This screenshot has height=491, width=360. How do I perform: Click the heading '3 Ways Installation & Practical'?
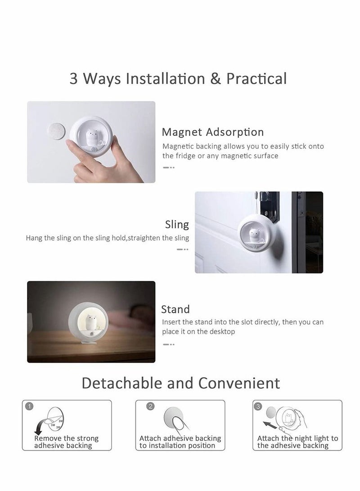(178, 79)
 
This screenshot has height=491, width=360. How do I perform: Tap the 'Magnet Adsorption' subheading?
(212, 132)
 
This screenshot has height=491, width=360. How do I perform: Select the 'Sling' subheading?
(177, 224)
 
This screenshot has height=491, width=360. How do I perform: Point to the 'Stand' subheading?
(175, 309)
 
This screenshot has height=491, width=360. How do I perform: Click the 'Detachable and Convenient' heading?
(180, 383)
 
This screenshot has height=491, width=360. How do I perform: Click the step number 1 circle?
(29, 406)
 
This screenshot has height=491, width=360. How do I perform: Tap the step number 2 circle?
(151, 406)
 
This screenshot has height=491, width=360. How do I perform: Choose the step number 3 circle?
(258, 406)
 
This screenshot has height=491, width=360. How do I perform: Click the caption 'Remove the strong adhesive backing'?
(66, 442)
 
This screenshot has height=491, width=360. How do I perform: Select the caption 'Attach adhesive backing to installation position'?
(180, 442)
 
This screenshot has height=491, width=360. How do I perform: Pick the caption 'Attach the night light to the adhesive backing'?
(297, 442)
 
